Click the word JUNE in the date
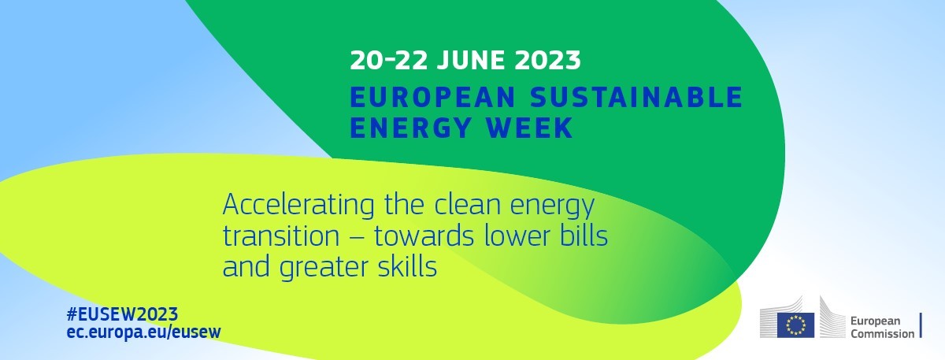pos(470,60)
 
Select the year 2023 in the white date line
pos(547,60)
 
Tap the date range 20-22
pos(388,60)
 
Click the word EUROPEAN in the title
pos(433,97)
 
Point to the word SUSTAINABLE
pos(636,97)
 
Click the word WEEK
pos(529,128)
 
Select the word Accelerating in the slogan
pos(298,206)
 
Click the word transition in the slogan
pos(281,236)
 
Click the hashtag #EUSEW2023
pos(122,314)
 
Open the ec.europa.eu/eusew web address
pos(144,332)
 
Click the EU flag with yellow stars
pos(795,325)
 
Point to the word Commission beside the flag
pos(883,334)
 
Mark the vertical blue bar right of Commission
pos(921,325)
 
